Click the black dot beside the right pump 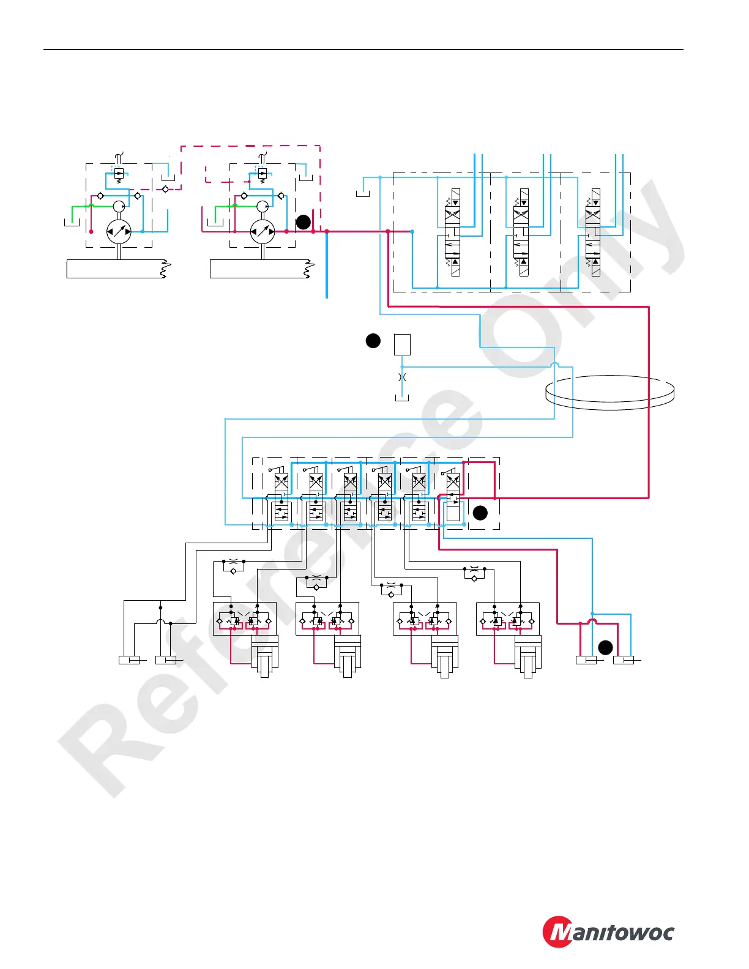(x=303, y=222)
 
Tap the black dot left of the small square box (x=373, y=341)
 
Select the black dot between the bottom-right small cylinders (x=605, y=647)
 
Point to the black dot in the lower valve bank (x=480, y=513)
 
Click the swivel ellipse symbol (x=609, y=392)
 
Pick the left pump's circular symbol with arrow (x=119, y=232)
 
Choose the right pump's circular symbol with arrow (x=263, y=232)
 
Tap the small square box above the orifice (x=402, y=344)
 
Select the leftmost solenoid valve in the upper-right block (x=453, y=232)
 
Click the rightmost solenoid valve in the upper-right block (x=593, y=232)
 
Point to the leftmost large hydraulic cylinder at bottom (x=265, y=656)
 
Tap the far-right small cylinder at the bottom (x=624, y=660)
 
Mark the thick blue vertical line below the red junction (x=327, y=266)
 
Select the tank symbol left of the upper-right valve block (x=362, y=194)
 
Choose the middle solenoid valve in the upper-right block (x=521, y=232)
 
